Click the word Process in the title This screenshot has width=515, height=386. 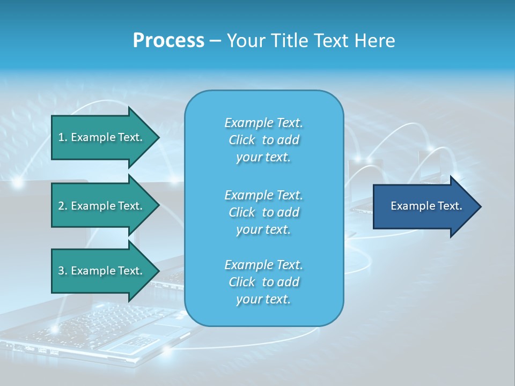click(168, 41)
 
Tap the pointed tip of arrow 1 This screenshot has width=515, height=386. click(158, 137)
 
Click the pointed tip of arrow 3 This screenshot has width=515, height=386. click(158, 271)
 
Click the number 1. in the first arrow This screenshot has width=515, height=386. click(62, 137)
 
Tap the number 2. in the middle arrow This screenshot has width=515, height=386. click(62, 206)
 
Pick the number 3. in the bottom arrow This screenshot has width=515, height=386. click(62, 271)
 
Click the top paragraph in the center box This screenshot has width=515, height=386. click(263, 140)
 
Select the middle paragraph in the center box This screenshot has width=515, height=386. click(263, 212)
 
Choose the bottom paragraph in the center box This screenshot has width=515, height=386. click(263, 282)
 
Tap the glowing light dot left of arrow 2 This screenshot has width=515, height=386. click(18, 183)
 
